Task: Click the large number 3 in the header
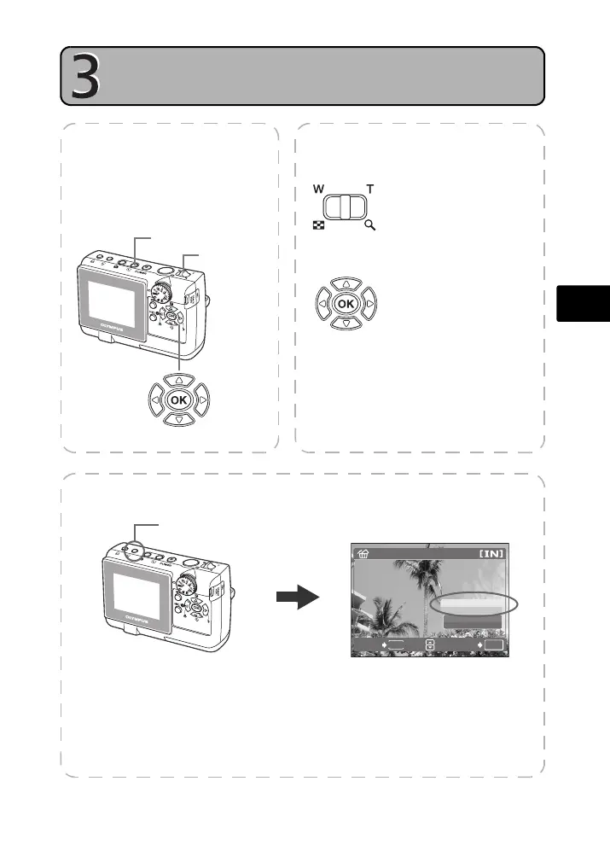pos(84,77)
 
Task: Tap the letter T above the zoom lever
pos(370,190)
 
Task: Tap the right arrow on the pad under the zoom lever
pos(368,303)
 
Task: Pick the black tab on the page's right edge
pos(584,302)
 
